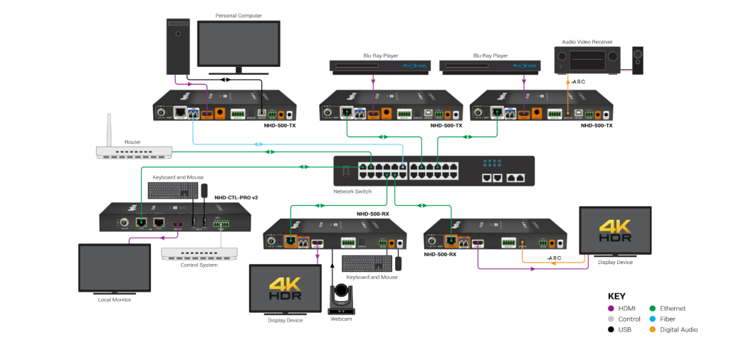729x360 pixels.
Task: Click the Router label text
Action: (x=133, y=142)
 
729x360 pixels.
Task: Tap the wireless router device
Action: (x=134, y=152)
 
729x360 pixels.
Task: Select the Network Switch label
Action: (x=353, y=192)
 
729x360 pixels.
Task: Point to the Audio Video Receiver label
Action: (x=587, y=42)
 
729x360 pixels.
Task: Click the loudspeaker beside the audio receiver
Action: (x=637, y=61)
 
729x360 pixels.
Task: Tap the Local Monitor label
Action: (x=115, y=300)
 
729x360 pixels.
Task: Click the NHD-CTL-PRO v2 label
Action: (x=236, y=197)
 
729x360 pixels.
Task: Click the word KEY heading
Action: (x=617, y=296)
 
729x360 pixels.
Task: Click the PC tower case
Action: (x=177, y=46)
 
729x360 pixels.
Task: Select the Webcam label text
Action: (x=340, y=319)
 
